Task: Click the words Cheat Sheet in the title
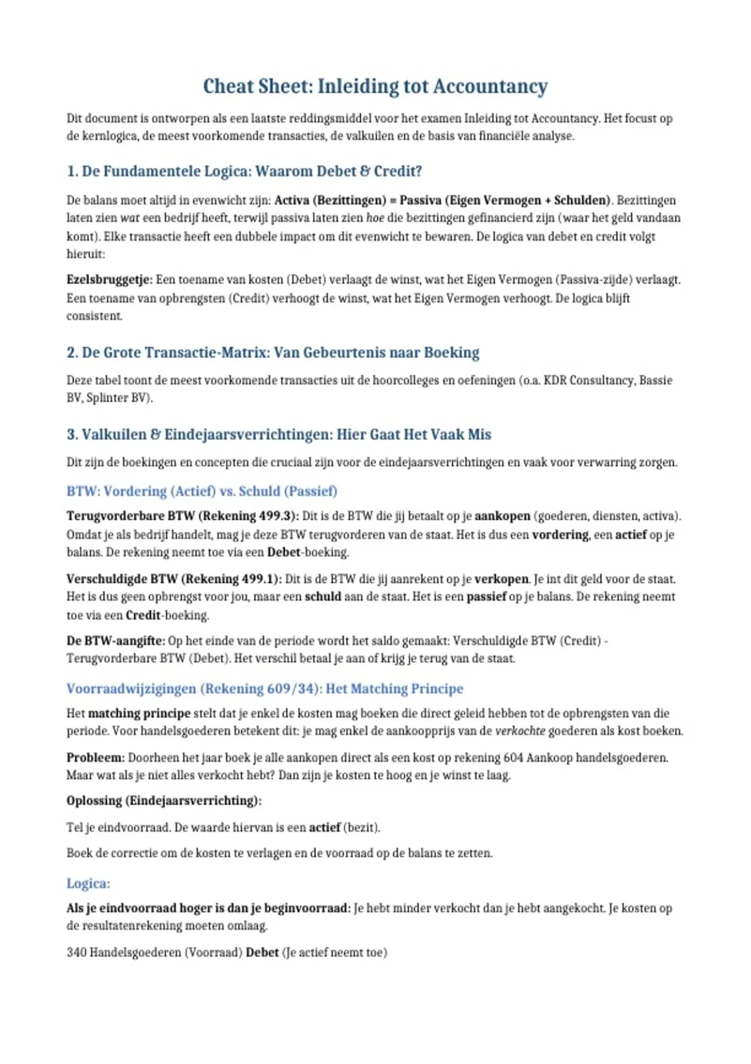coord(257,86)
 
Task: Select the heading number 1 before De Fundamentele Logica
coord(71,171)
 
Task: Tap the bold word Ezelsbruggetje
coord(109,280)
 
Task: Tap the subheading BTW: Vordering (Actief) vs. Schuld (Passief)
coord(202,491)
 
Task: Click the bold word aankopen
coord(502,516)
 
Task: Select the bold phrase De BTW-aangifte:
coord(116,641)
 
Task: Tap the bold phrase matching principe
coord(139,714)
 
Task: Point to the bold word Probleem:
coord(95,758)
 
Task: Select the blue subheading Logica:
coord(88,884)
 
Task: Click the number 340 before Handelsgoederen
coord(76,953)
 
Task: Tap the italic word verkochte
coord(520,731)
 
